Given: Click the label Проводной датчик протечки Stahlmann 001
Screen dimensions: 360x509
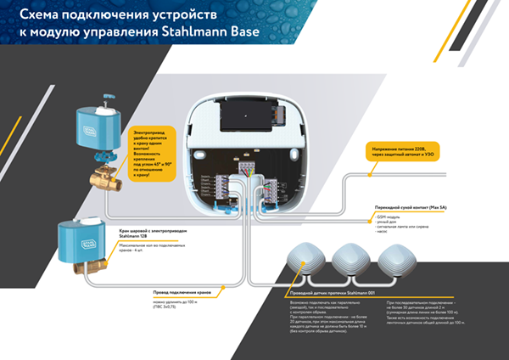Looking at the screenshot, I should [x=326, y=291].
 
